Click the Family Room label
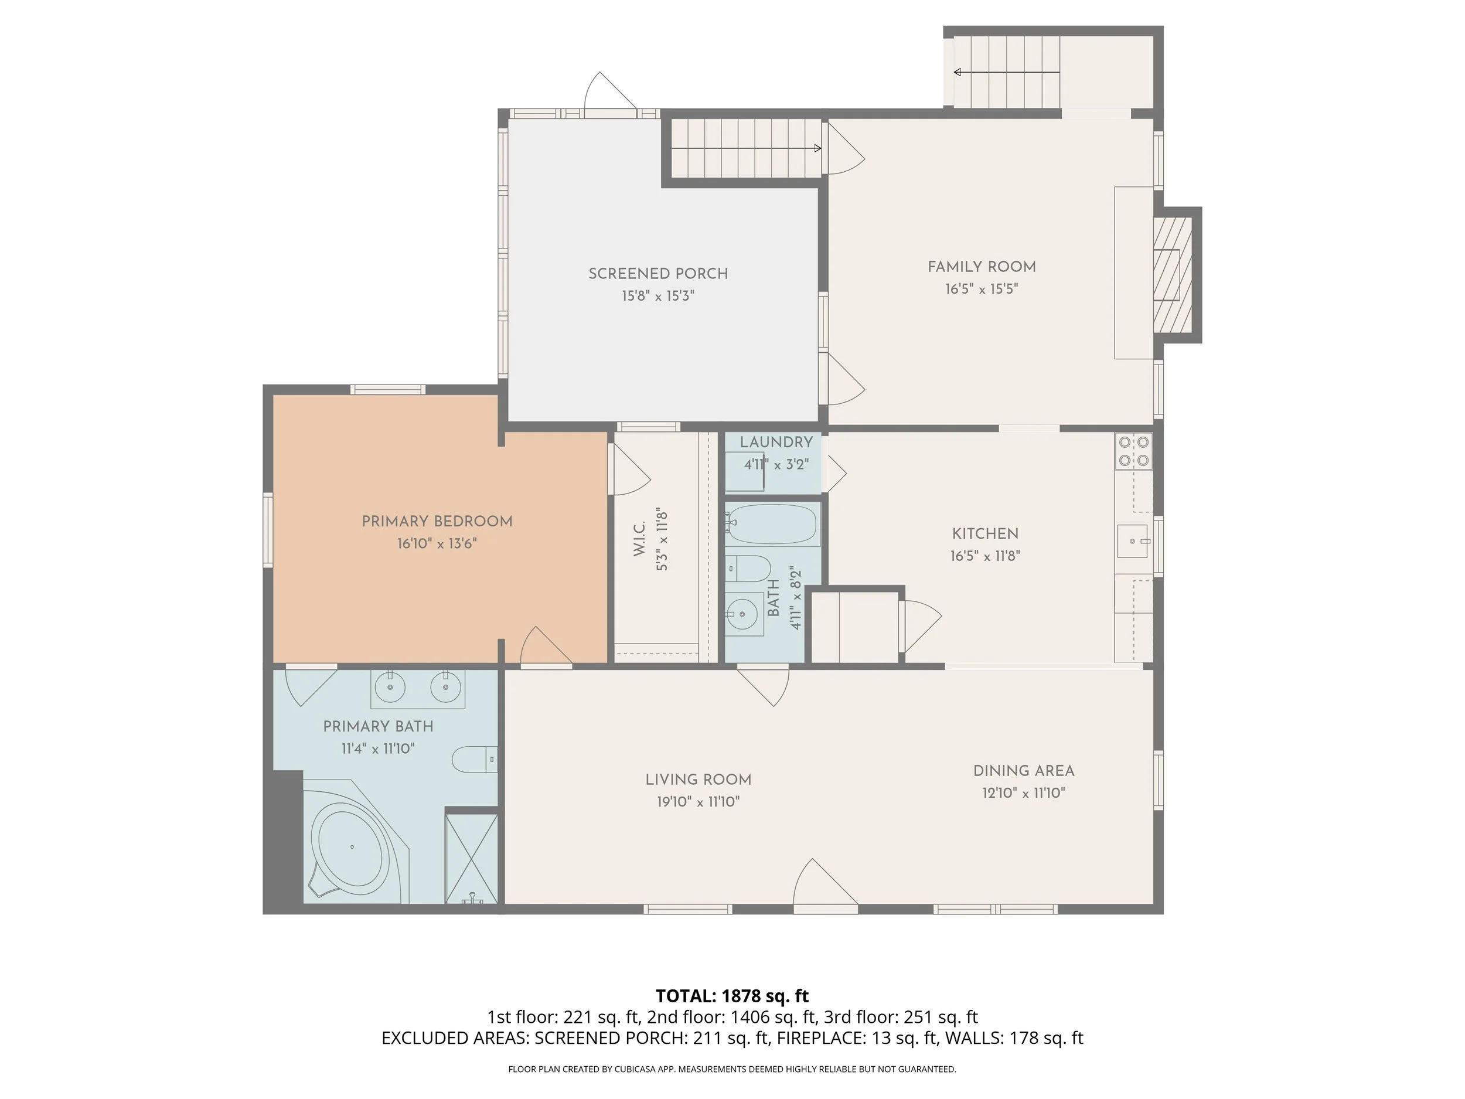tap(982, 267)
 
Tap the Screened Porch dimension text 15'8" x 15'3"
tap(657, 296)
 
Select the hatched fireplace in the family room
tap(1173, 274)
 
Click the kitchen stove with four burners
tap(1134, 451)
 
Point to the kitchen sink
tap(1133, 541)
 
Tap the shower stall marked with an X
tap(471, 859)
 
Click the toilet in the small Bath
tap(748, 569)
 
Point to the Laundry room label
tap(776, 443)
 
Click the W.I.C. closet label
tap(639, 539)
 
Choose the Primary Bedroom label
tap(437, 521)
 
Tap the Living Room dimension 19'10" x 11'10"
tap(698, 802)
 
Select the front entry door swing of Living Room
tap(825, 882)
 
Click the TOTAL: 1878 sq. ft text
tap(732, 996)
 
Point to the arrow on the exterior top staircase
tap(1007, 72)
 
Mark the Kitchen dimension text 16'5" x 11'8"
tap(985, 556)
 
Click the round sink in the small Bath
tap(742, 614)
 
